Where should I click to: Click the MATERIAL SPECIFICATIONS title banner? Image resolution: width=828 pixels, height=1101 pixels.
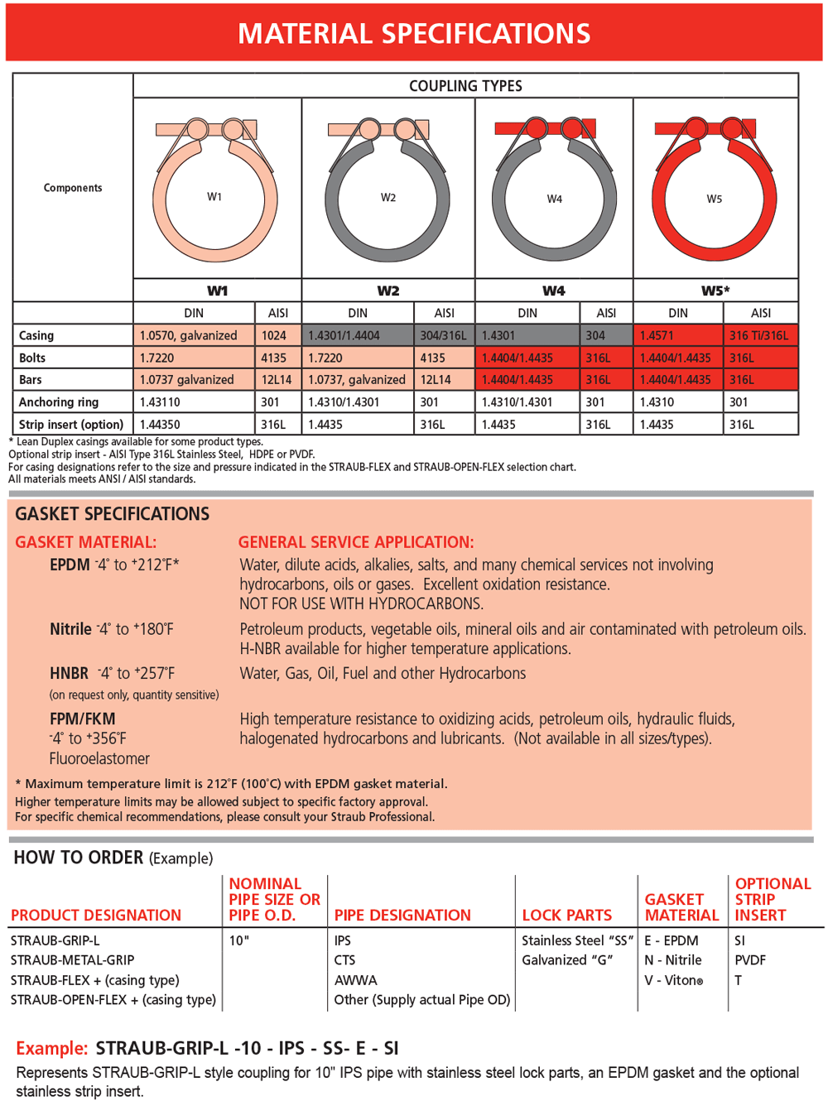coord(414,33)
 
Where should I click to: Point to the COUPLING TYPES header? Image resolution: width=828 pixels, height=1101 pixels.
coord(465,86)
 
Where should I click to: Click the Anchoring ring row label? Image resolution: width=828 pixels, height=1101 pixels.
coord(59,402)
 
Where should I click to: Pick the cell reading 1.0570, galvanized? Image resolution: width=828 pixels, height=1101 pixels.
coord(188,335)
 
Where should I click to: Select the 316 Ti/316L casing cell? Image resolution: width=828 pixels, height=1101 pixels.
coord(759,335)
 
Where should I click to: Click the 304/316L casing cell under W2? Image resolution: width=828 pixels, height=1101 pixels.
coord(443,335)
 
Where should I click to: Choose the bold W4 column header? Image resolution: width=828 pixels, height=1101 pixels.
coord(553,291)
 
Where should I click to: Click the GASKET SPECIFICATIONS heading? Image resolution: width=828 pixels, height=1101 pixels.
coord(112,514)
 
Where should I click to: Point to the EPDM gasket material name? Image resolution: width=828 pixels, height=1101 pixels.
coord(70,565)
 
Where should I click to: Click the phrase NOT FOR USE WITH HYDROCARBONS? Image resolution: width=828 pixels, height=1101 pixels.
coord(361,603)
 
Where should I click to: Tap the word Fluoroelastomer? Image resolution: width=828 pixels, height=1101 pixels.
coord(99,759)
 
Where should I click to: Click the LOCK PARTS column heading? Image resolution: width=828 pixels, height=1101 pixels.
coord(566,916)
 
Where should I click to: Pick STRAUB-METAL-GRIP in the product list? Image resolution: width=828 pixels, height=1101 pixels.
coord(72,960)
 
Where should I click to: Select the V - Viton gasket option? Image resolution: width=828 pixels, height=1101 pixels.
coord(673,980)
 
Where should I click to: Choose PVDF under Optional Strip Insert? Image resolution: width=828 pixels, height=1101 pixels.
coord(750,960)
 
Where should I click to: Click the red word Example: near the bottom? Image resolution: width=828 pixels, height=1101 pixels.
coord(51,1049)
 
